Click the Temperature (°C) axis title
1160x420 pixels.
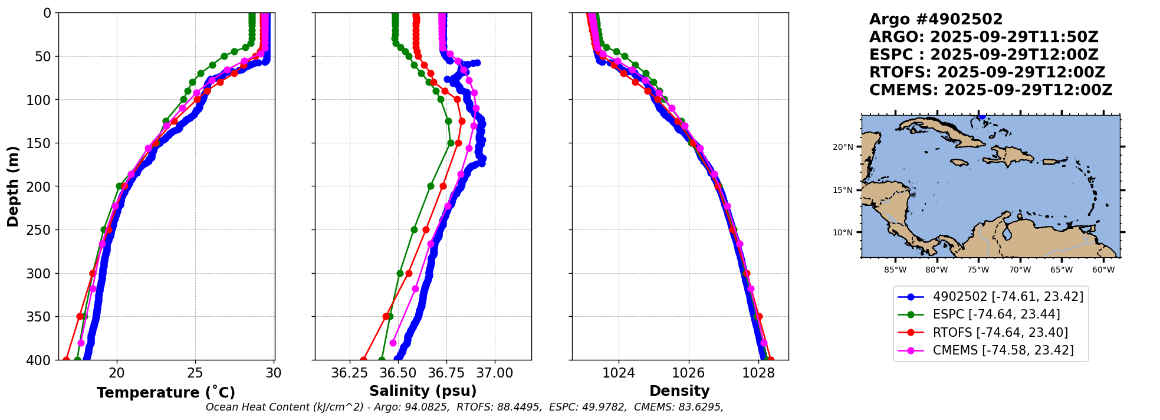(x=166, y=392)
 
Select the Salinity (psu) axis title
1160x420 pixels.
(x=423, y=391)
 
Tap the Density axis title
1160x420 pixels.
(x=679, y=391)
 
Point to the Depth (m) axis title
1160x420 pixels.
(x=13, y=186)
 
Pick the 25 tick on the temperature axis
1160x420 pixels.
(x=195, y=373)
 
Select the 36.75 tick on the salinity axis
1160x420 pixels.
(x=446, y=373)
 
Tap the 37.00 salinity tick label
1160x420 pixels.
(x=494, y=373)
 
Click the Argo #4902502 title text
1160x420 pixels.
(x=936, y=19)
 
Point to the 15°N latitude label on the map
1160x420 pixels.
(x=843, y=190)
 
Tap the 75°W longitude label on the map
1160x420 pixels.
(x=978, y=270)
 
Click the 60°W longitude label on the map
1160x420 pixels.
(x=1103, y=270)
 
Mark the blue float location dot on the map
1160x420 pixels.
(x=981, y=117)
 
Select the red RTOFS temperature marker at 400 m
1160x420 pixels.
(x=66, y=360)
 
